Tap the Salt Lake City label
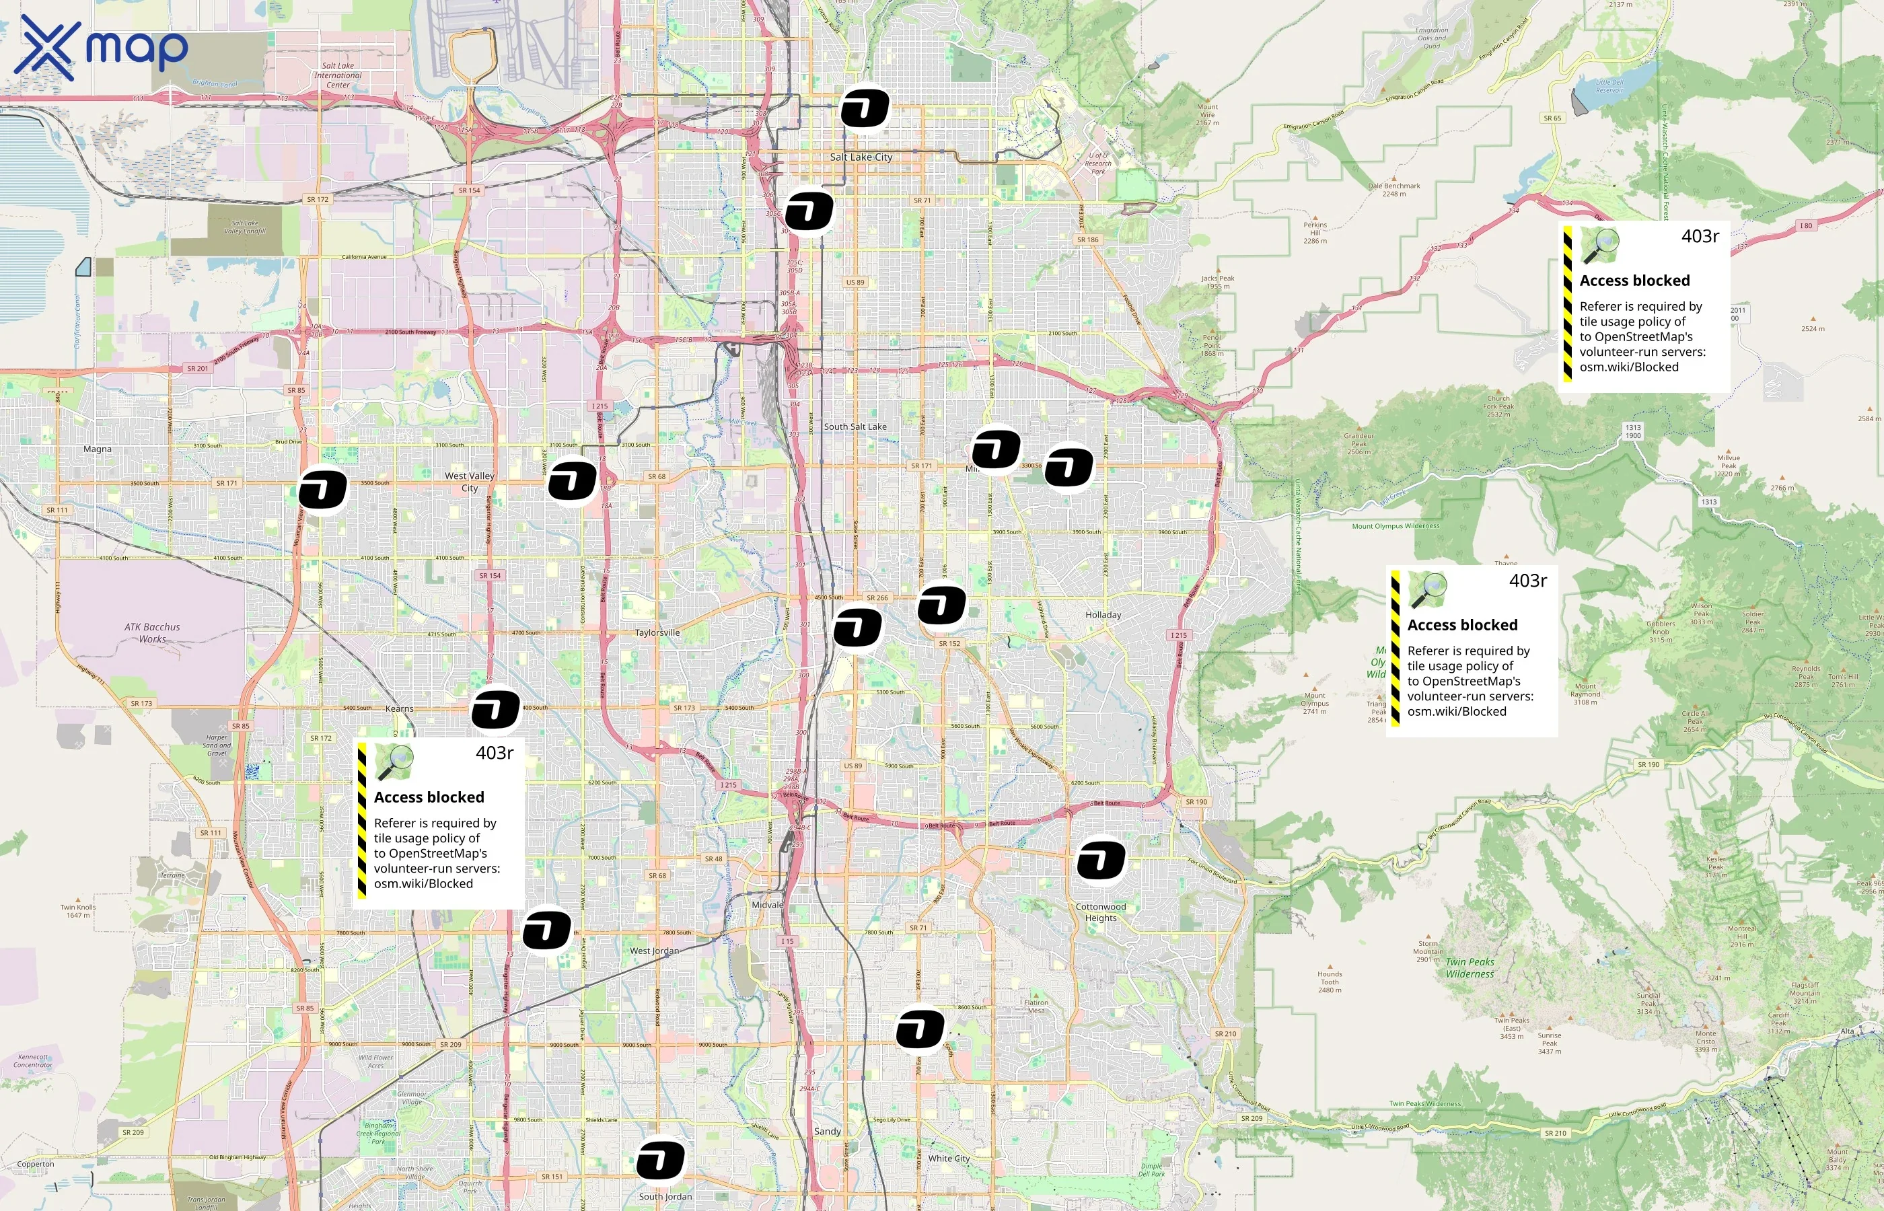861,157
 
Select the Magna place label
98,449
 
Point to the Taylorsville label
657,632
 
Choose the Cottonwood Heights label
1101,912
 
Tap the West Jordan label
654,951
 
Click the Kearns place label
400,708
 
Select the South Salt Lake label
855,427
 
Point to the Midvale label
768,905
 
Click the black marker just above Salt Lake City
865,108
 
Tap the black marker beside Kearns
495,710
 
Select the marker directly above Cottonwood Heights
1101,860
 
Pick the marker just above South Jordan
661,1161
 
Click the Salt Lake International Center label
338,75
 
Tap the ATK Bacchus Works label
152,633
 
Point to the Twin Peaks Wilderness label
1470,968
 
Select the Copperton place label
36,1164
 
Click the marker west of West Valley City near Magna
322,490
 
